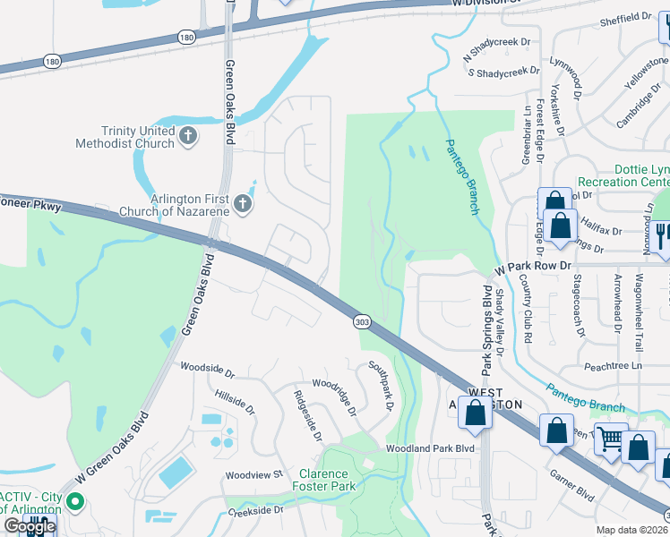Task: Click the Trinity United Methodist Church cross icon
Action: click(187, 136)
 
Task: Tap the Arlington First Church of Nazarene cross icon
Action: click(241, 206)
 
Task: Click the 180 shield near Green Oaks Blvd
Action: click(185, 37)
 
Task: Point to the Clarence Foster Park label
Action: click(323, 480)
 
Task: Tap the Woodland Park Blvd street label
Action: click(429, 447)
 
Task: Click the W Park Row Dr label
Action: click(534, 266)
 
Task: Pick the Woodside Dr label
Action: click(207, 367)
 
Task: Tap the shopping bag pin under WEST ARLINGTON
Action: click(476, 413)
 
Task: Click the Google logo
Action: click(29, 527)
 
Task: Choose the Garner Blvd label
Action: click(572, 484)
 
